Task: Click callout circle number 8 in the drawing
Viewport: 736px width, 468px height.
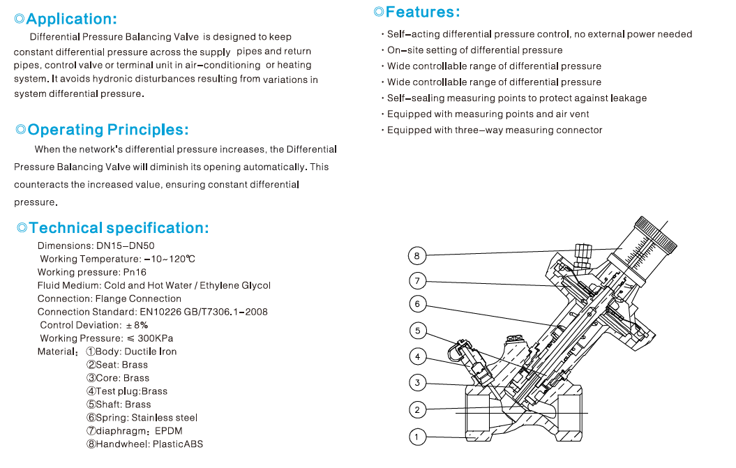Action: click(416, 256)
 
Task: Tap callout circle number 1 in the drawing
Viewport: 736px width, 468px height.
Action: click(416, 437)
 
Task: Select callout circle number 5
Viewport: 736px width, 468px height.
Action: click(416, 331)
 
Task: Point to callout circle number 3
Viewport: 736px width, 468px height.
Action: click(416, 382)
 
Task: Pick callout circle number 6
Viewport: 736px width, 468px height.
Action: click(416, 303)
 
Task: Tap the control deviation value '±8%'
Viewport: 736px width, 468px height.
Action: click(137, 325)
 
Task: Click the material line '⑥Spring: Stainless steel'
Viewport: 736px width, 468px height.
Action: click(142, 418)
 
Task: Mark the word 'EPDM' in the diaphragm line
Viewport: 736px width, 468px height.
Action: click(168, 431)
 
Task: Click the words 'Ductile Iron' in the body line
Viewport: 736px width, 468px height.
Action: click(150, 352)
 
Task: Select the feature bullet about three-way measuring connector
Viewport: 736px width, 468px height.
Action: click(494, 130)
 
